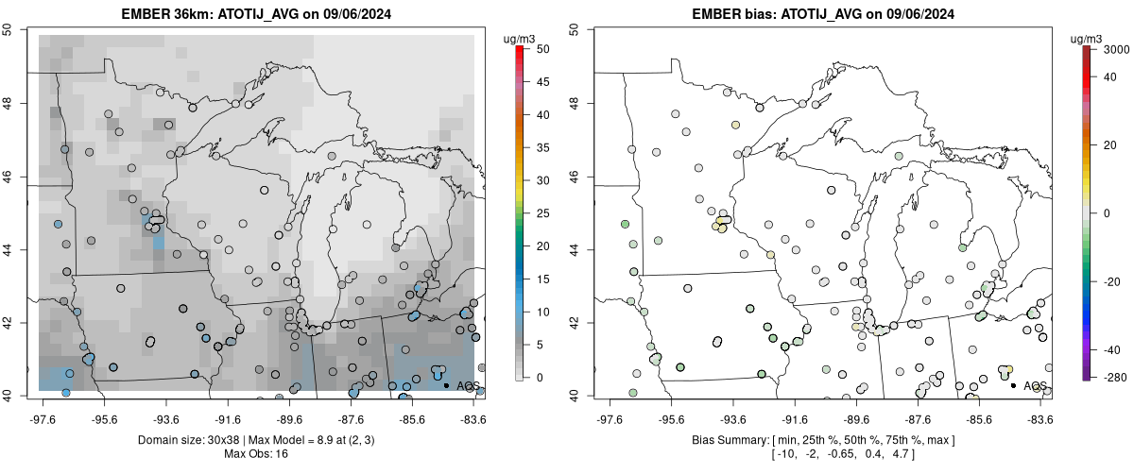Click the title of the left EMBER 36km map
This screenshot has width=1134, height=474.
point(256,13)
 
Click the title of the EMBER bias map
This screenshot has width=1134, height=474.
point(823,13)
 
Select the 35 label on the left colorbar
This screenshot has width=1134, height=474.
point(543,147)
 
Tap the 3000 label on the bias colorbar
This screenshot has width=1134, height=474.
point(1116,50)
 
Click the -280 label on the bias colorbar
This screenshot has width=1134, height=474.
point(1114,378)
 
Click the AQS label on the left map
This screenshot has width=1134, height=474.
point(468,386)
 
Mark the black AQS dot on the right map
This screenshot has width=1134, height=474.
point(1013,385)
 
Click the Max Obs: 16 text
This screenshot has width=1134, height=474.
point(256,454)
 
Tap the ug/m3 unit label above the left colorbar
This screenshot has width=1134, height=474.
point(519,40)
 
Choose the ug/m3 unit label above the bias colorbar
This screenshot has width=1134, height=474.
point(1086,40)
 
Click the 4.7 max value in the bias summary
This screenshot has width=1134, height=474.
point(900,454)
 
